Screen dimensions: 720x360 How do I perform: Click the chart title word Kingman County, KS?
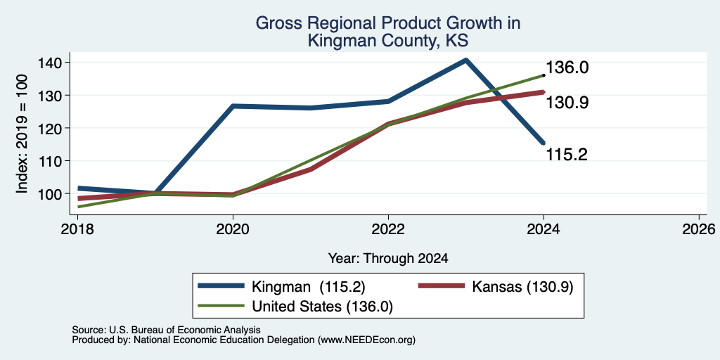pos(388,41)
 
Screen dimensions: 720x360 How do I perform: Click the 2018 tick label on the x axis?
pos(77,229)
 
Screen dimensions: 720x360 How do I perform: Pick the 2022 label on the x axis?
pos(388,229)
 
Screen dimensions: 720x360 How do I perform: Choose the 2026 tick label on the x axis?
pos(699,229)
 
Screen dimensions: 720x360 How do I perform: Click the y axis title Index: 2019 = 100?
pos(22,134)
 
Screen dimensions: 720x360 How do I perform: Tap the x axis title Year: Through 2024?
pos(388,259)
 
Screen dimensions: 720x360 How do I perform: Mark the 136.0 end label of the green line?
pos(567,68)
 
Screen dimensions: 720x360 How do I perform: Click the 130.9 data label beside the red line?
pos(567,103)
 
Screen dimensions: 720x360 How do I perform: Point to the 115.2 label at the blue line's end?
pos(567,155)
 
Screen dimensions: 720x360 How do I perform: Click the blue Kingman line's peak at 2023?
pos(466,60)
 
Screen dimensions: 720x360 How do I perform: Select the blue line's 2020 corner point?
pos(233,106)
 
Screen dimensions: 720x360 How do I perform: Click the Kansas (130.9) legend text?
pos(522,287)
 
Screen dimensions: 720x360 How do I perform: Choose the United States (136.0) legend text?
pos(322,307)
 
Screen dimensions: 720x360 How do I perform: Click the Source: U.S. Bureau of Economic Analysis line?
pos(166,330)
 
